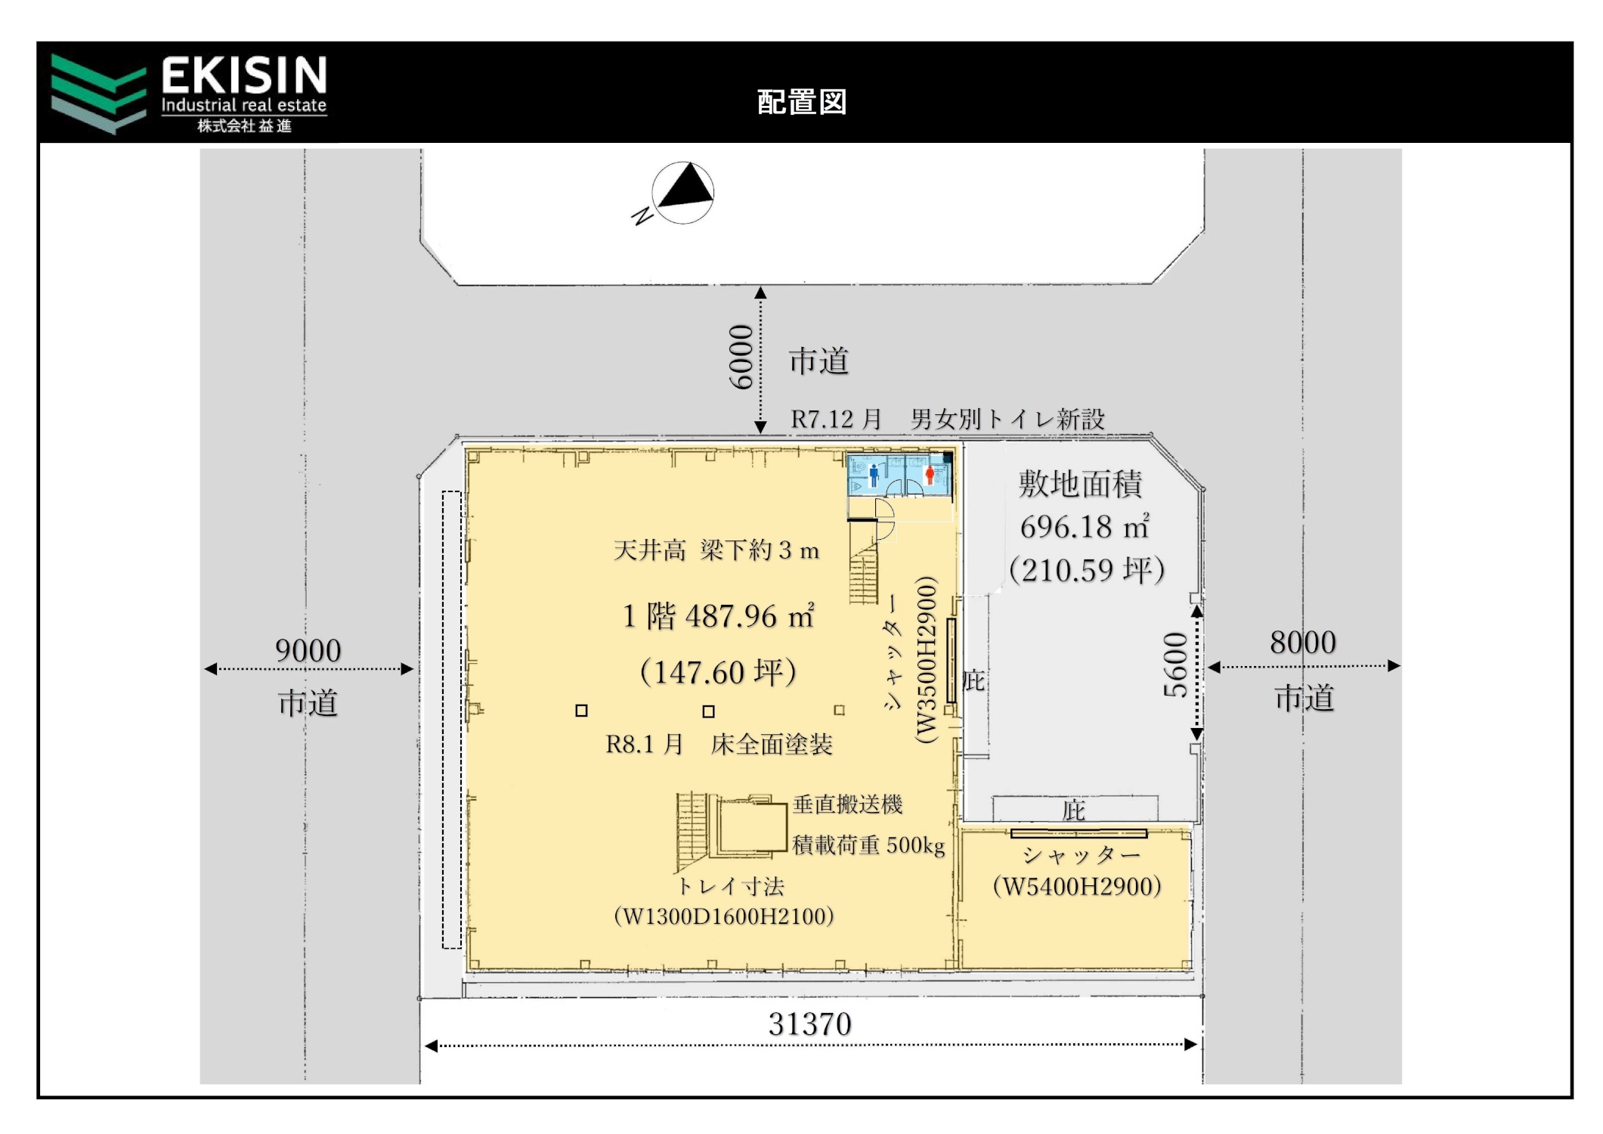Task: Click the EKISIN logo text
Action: click(244, 76)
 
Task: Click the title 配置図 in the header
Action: click(802, 102)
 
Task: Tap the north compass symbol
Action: click(682, 193)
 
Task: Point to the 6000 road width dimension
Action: click(741, 357)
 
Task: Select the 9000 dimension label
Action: click(308, 650)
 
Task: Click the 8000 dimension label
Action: click(1303, 643)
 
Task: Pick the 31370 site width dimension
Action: click(809, 1024)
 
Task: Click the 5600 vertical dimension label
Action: click(1175, 665)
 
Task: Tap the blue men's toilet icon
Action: click(874, 475)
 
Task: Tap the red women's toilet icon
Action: click(930, 475)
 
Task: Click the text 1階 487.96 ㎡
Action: click(718, 616)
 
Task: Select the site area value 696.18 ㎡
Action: click(1085, 527)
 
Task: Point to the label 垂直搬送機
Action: click(847, 804)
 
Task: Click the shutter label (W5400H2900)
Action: click(1077, 886)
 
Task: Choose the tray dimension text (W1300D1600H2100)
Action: click(724, 916)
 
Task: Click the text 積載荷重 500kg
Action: click(868, 844)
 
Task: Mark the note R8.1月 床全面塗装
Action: click(719, 745)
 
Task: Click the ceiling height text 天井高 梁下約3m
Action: click(716, 550)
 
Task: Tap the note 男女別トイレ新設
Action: click(1007, 419)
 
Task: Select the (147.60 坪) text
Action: click(718, 672)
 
